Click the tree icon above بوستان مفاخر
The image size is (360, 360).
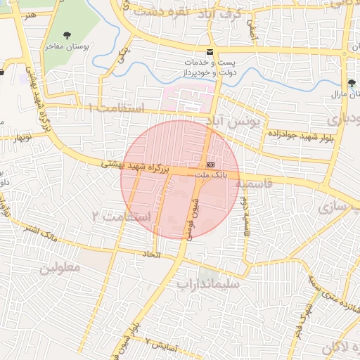pos(67,35)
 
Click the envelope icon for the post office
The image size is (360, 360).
pos(210,53)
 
